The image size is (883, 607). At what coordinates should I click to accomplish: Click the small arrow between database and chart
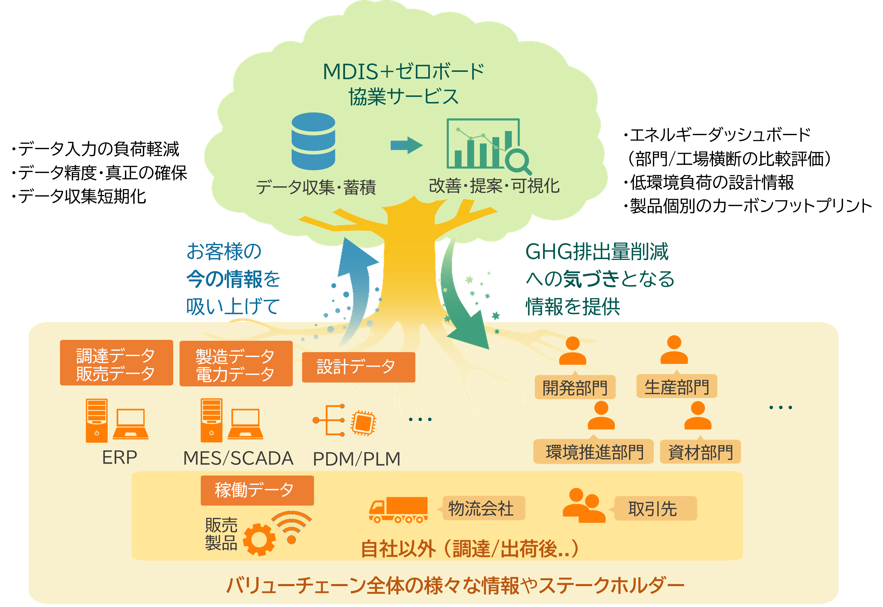point(406,145)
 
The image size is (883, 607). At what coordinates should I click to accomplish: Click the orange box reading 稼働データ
point(257,490)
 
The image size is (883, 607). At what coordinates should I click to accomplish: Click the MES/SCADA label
point(238,458)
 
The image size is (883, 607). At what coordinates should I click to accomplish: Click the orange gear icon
point(259,539)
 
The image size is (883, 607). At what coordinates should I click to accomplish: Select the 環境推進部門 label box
point(593,452)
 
